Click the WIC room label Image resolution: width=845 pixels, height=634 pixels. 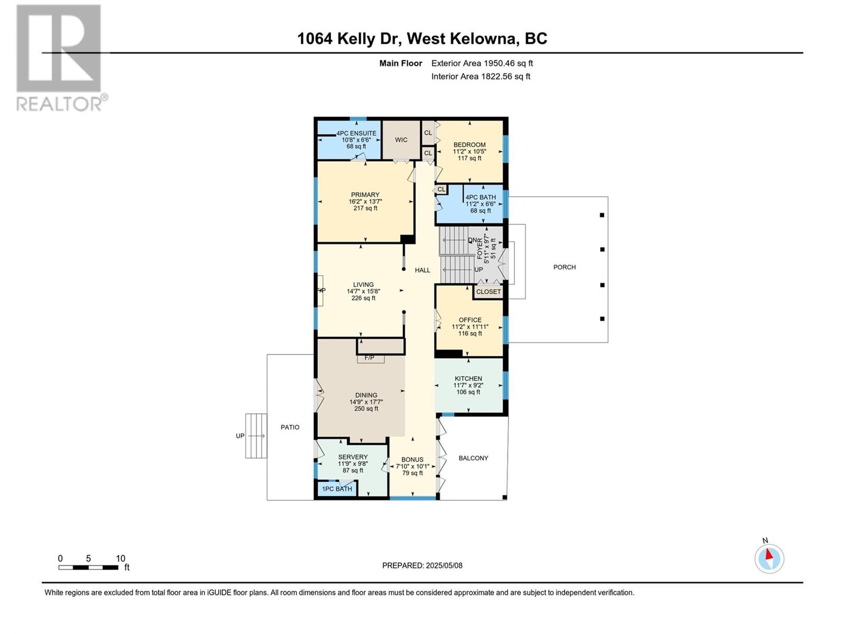[401, 139]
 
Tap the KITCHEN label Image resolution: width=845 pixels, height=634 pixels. [468, 378]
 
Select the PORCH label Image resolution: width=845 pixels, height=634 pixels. [565, 267]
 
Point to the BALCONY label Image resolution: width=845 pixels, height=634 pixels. [473, 458]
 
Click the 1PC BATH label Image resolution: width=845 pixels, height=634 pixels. [337, 489]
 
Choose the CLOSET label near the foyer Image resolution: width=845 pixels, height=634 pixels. [489, 292]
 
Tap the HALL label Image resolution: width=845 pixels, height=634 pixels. [422, 270]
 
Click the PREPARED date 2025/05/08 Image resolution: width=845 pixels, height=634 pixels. [444, 565]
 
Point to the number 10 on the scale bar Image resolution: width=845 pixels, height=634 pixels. [120, 558]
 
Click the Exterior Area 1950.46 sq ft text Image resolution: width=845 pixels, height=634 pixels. [482, 63]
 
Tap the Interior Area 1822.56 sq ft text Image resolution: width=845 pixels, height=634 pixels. [481, 77]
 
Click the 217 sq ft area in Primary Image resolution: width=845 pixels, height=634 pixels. [365, 208]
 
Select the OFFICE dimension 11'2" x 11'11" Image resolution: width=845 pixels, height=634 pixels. [470, 327]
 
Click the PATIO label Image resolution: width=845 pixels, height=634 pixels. [290, 427]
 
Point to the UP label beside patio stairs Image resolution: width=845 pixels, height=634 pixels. [240, 436]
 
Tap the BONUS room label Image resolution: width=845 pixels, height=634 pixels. [412, 460]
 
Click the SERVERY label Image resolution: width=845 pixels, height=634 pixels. [353, 457]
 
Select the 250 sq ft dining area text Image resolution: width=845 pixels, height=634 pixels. [366, 408]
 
